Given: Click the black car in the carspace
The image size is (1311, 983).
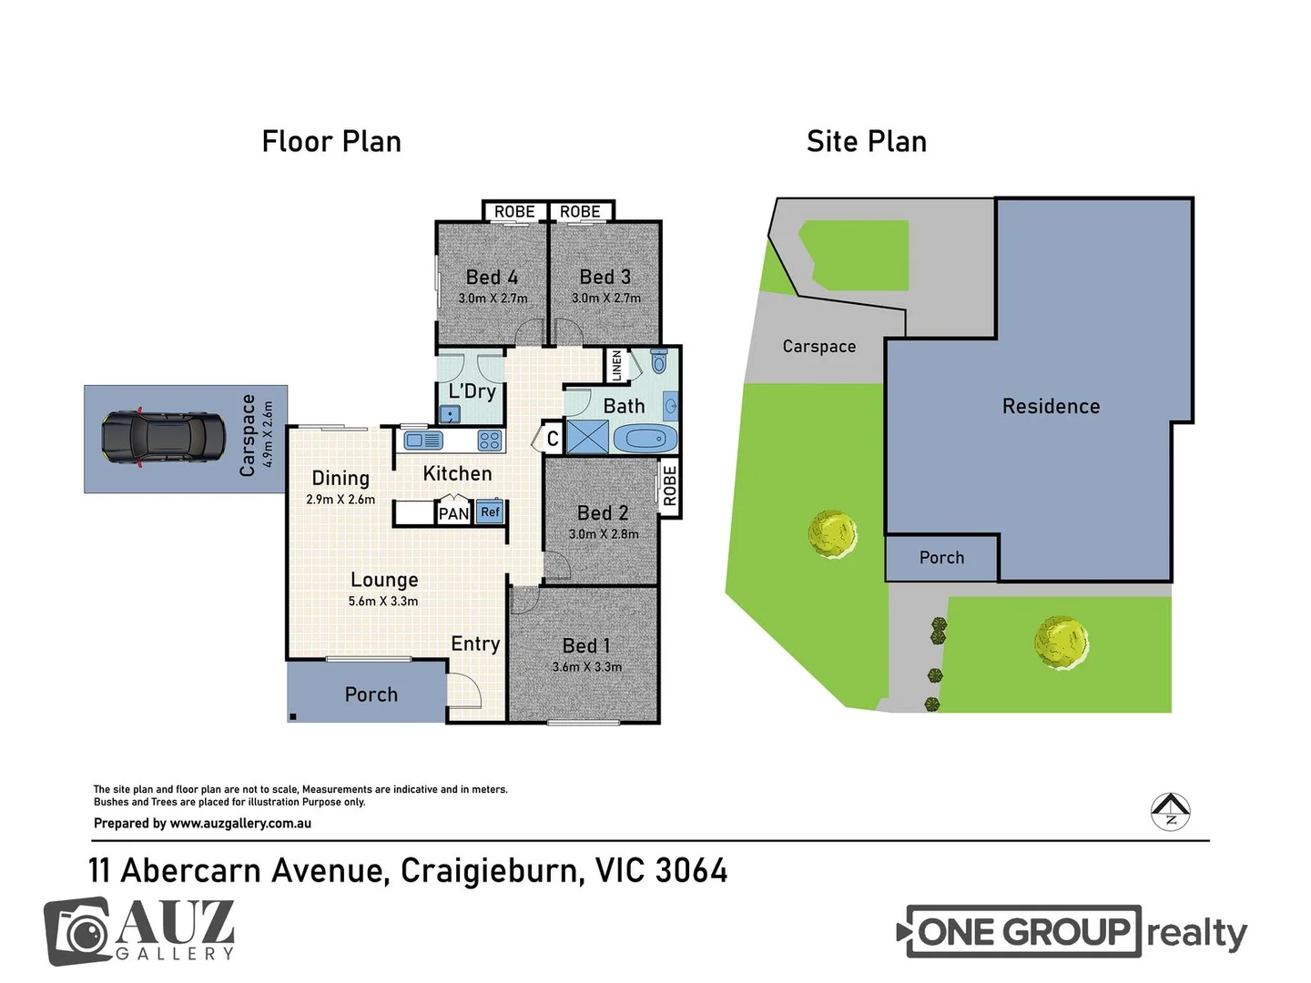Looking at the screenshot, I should click(163, 438).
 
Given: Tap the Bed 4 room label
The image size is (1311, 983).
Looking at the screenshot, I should click(492, 277).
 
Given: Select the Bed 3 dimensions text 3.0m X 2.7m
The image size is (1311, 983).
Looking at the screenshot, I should click(605, 299).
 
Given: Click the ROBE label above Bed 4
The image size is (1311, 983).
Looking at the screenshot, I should click(514, 212).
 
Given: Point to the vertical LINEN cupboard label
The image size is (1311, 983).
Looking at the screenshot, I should click(616, 366).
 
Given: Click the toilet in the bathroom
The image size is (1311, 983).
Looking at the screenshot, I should click(659, 360).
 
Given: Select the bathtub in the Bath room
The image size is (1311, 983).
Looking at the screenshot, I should click(645, 439).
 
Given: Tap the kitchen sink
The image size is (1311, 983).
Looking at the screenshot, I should click(423, 441).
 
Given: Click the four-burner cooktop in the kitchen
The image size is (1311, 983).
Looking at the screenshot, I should click(490, 441).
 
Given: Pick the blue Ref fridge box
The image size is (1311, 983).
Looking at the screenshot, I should click(490, 512).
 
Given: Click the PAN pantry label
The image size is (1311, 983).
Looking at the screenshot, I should click(453, 514).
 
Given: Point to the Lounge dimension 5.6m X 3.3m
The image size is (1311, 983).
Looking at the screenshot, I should click(383, 602).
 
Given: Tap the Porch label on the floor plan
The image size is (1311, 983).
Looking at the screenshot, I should click(371, 694).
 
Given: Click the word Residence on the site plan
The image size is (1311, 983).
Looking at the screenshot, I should click(1051, 407).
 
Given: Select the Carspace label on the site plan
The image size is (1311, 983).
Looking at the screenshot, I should click(818, 347).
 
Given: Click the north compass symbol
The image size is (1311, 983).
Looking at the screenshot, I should click(1171, 811).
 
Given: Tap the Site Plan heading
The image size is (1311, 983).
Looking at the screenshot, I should click(866, 142).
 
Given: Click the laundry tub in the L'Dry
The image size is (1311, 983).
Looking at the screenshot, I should click(450, 414).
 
